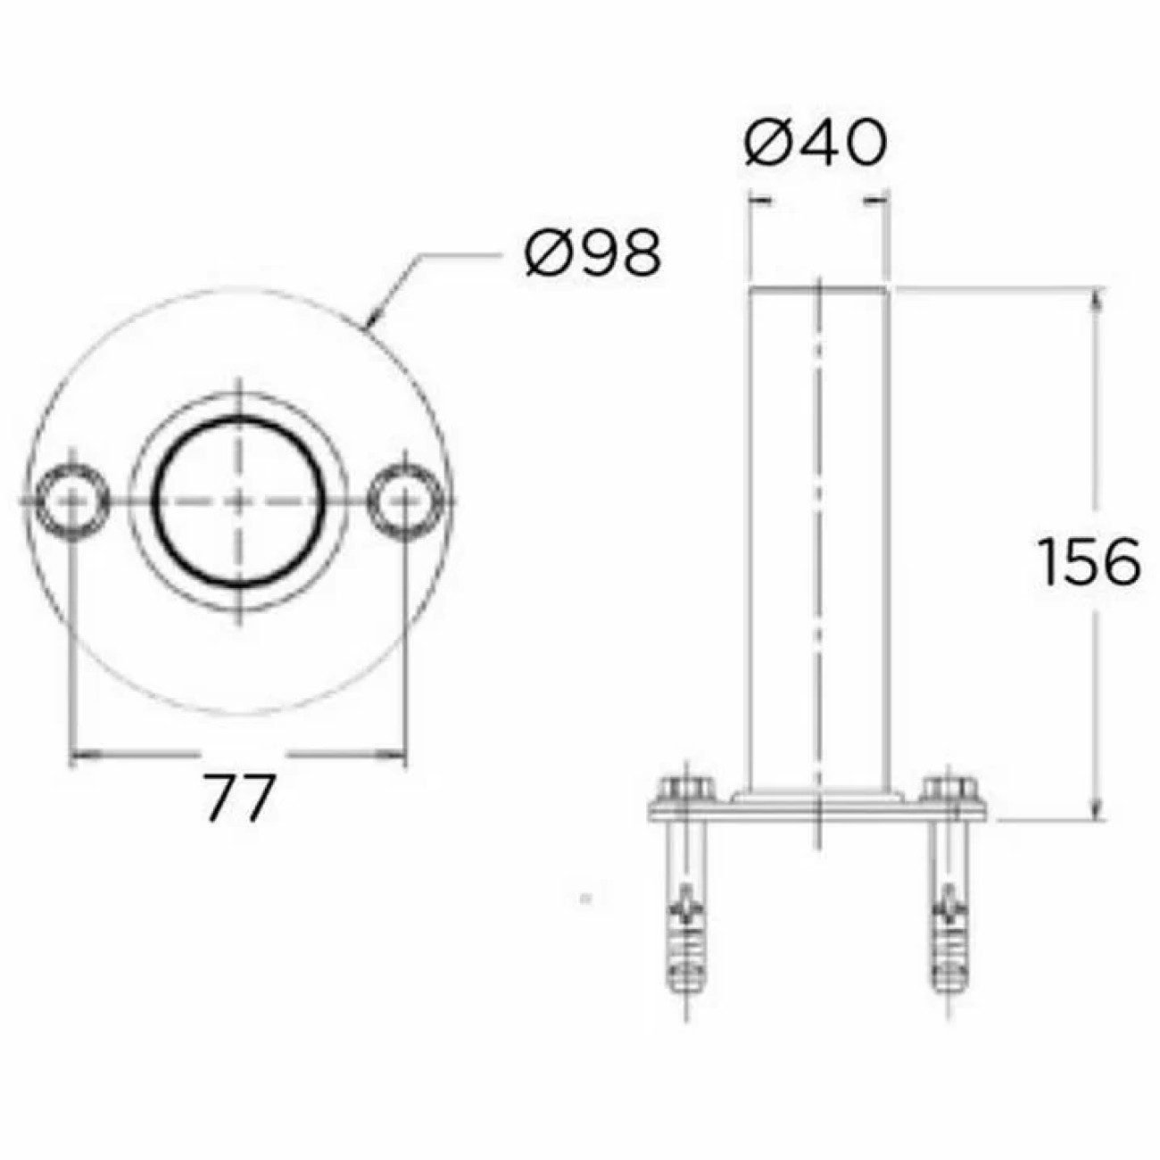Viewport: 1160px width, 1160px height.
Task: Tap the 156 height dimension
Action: pos(1090,561)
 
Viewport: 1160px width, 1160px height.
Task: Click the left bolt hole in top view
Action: pos(71,501)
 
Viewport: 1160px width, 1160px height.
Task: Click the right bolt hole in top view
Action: pos(405,501)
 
